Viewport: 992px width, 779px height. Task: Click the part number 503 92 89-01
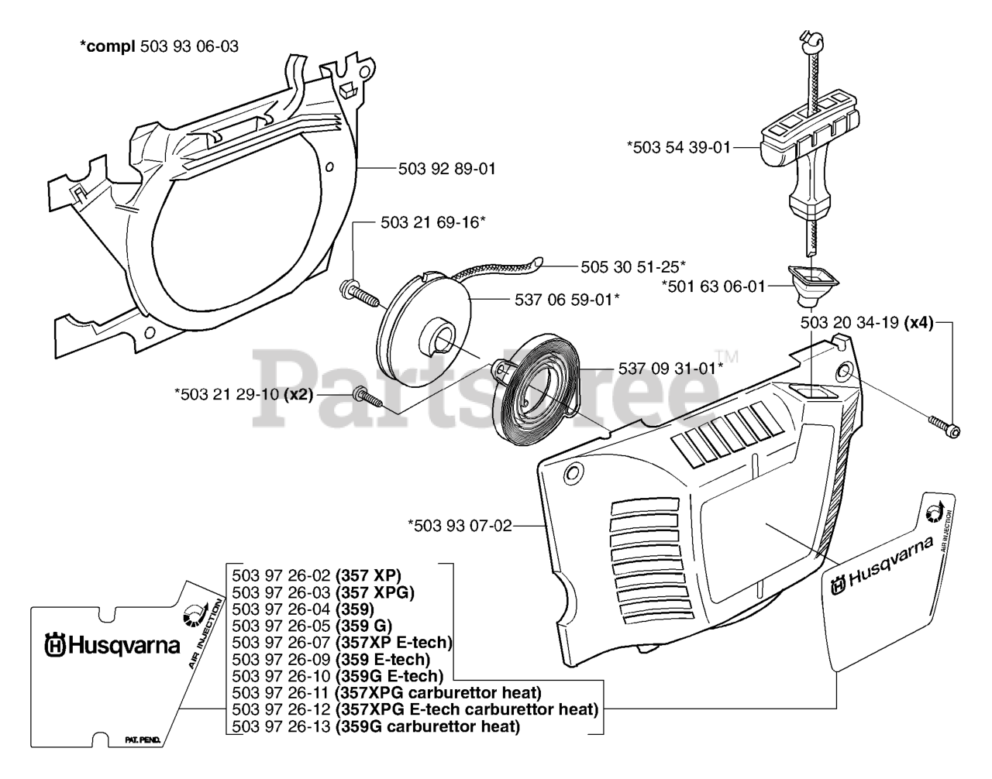tap(446, 169)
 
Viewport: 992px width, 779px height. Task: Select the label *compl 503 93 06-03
tap(160, 46)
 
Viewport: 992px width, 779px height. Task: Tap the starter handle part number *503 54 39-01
tap(679, 147)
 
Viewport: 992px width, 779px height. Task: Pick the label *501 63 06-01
tap(714, 287)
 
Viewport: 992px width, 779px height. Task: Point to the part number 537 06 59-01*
tap(567, 300)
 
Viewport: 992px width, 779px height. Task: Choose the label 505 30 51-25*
tap(633, 267)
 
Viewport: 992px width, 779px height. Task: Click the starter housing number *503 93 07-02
tap(460, 526)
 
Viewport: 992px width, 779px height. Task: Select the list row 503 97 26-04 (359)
tap(303, 609)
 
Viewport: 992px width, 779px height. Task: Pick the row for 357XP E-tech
tap(343, 643)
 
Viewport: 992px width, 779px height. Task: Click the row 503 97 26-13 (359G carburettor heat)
tap(376, 726)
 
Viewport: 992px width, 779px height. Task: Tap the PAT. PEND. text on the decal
tap(143, 740)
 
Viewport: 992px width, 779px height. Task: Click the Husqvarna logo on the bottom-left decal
tap(112, 646)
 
